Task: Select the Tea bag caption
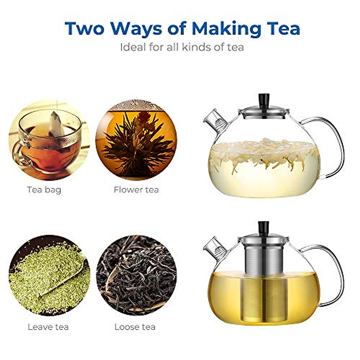point(44,190)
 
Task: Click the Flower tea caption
point(136,190)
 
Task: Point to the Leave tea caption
point(48,327)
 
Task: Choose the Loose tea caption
point(135,327)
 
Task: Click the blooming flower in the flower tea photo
point(136,141)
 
